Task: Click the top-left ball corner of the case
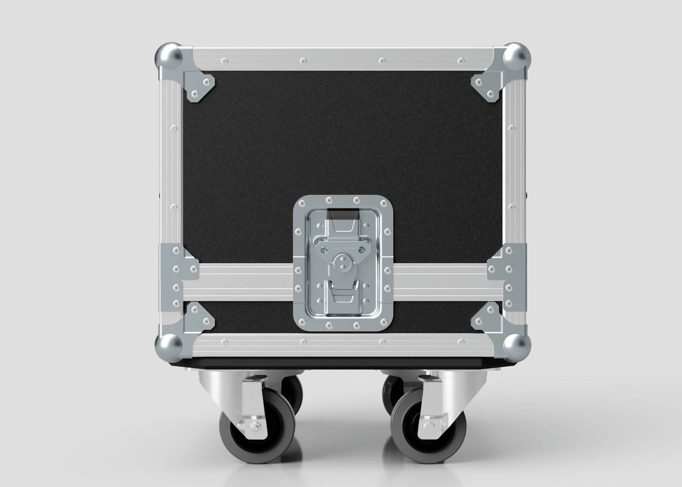pos(169,57)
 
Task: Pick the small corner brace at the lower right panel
pos(485,317)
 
